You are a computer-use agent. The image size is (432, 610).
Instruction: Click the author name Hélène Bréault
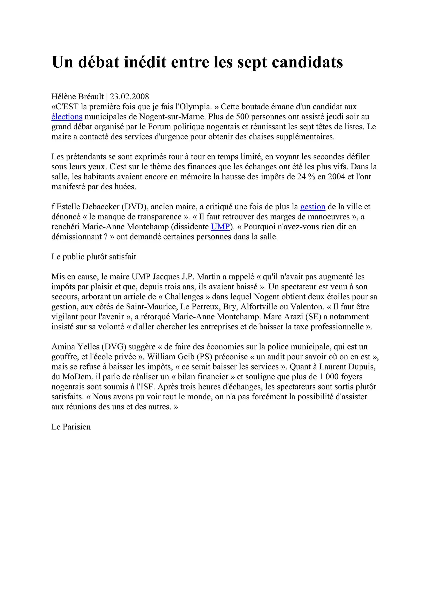77,96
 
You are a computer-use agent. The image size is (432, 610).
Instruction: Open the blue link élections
67,117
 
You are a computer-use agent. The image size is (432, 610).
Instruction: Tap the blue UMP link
220,227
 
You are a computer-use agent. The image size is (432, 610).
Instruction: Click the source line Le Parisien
71,427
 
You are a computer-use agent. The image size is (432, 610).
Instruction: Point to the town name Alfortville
263,307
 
